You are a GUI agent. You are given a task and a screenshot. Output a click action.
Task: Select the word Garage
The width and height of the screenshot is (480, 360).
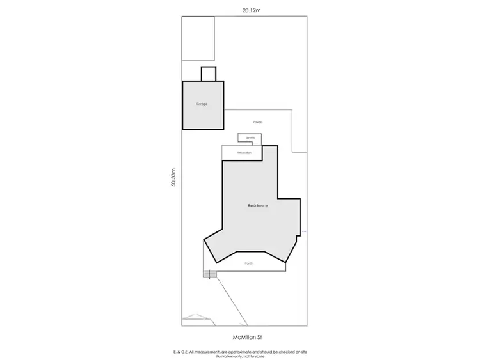[x=202, y=104]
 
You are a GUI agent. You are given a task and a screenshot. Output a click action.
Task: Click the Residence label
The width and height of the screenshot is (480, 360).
[x=258, y=206]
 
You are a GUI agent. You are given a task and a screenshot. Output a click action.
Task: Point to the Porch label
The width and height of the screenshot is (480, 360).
[x=249, y=263]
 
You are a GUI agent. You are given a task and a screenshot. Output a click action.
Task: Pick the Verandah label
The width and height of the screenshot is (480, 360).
[x=244, y=153]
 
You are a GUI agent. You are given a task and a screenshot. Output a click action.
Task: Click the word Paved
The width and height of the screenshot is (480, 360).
[x=259, y=121]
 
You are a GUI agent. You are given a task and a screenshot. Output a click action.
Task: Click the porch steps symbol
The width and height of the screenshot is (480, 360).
[x=208, y=274]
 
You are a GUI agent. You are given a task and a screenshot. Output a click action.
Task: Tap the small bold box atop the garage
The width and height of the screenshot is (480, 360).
[x=209, y=74]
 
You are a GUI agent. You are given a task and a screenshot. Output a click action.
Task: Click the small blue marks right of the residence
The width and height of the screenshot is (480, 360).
[x=305, y=231]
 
